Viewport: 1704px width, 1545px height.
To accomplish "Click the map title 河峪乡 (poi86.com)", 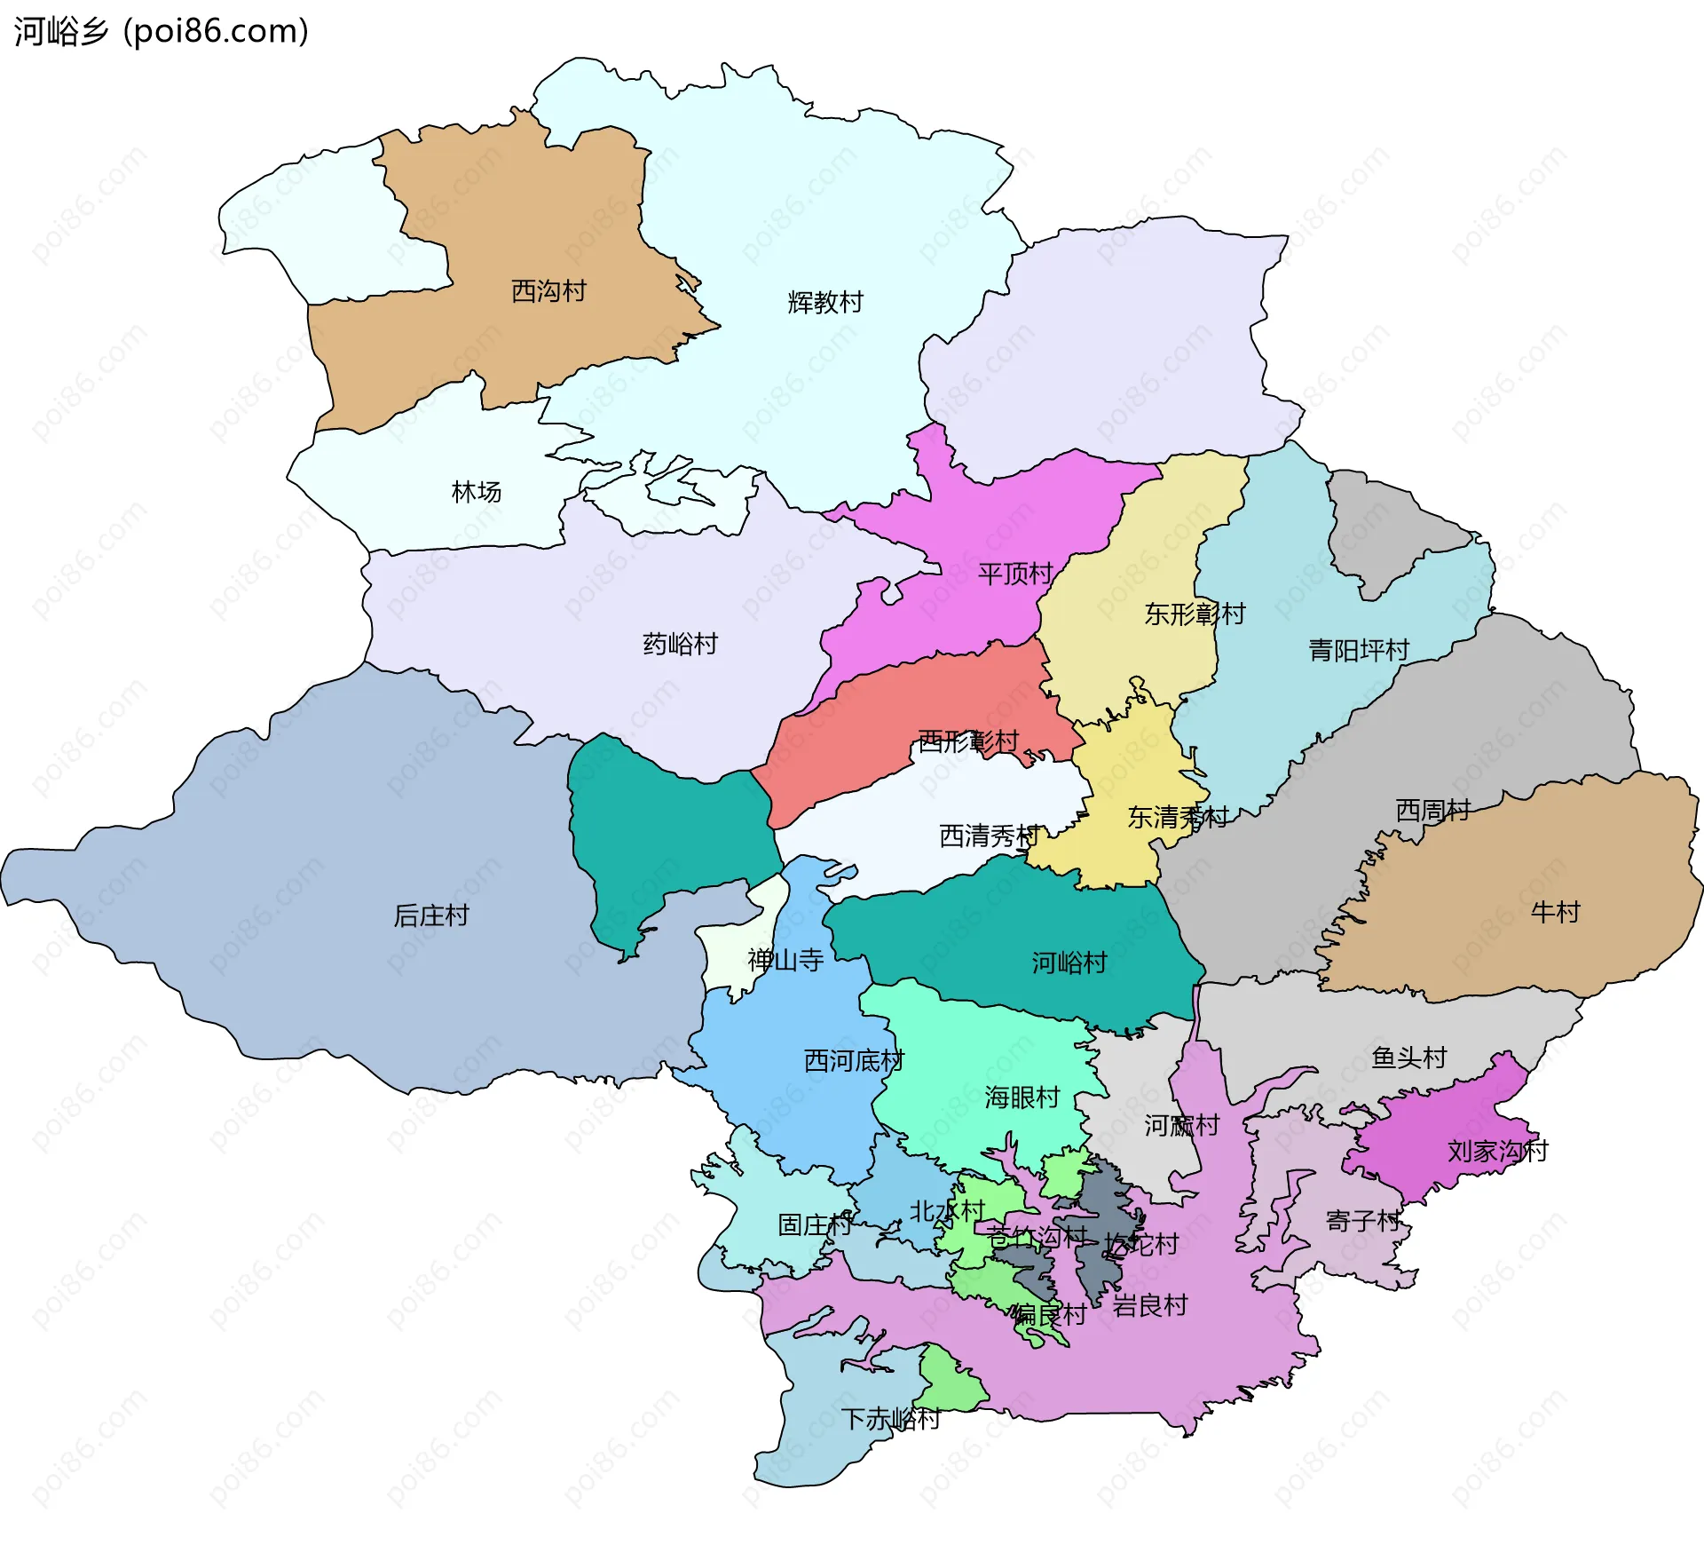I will coord(161,31).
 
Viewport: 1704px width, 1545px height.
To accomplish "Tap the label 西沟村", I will coord(548,291).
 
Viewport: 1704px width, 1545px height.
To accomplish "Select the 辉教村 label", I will coord(825,303).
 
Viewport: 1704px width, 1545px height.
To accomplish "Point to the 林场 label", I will coord(477,492).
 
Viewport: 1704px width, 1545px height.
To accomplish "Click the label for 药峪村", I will coord(680,645).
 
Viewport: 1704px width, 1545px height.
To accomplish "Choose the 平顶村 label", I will coord(1015,574).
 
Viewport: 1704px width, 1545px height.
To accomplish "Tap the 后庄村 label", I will coord(430,915).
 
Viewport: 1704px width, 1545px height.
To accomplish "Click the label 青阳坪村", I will coord(1359,651).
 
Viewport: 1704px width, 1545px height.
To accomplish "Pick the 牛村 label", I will coord(1555,912).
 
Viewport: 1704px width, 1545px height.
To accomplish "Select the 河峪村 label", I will coord(1069,963).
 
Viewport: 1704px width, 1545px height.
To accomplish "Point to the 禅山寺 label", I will coord(785,960).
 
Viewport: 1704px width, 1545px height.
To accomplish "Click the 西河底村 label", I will coord(853,1061).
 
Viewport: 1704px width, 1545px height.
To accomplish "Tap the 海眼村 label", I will coord(1022,1098).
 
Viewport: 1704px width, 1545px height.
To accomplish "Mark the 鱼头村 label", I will coord(1408,1058).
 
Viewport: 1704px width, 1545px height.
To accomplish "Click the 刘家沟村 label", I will coord(1497,1152).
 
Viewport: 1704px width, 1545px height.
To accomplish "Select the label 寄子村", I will coord(1362,1221).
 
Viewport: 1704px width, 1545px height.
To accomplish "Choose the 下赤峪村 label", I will coord(890,1419).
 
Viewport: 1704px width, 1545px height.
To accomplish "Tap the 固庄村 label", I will coord(815,1225).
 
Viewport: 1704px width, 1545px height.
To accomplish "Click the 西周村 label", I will coord(1432,811).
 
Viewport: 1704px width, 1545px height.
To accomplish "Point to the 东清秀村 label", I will coord(1178,818).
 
